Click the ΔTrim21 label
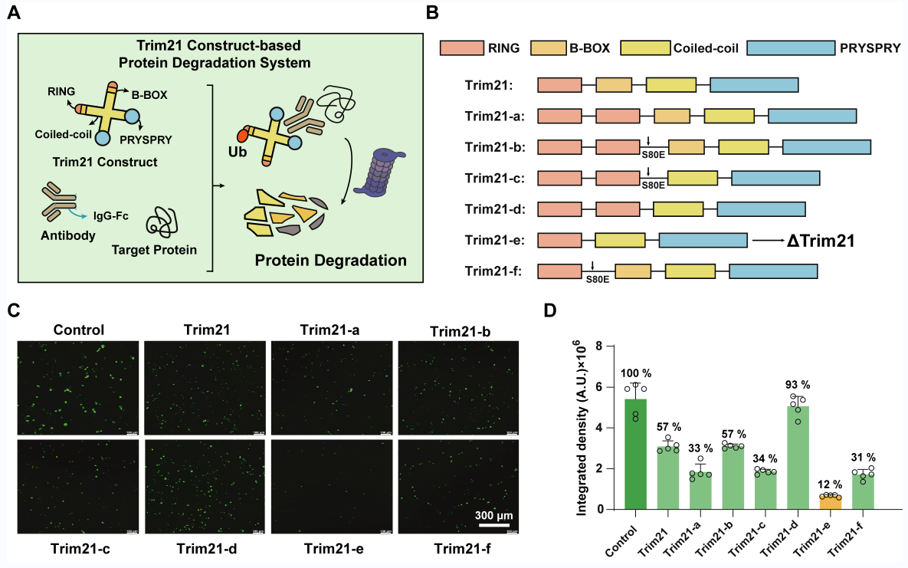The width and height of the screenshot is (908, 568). coord(821,241)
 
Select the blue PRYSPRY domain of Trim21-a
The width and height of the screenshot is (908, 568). coord(812,116)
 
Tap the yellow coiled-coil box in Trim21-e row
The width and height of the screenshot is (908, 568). coord(620,241)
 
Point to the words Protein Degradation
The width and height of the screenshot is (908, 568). coord(330,260)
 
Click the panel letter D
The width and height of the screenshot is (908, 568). coord(549,311)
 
